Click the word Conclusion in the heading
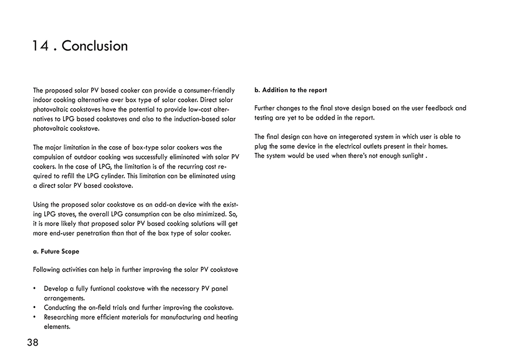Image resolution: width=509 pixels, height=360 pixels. tap(95, 46)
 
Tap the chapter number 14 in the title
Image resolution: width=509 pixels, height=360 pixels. tap(40, 46)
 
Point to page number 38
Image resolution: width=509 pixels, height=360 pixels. tap(33, 343)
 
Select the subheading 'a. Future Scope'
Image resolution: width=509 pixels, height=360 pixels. tap(56, 252)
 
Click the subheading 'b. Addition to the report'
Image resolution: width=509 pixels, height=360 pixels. tap(291, 90)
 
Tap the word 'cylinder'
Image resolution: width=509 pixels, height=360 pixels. tap(134, 176)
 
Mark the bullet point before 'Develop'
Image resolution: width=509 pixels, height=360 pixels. tap(34, 289)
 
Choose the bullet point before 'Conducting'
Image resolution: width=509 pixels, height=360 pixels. tap(34, 308)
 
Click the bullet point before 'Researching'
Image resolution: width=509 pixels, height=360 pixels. tap(34, 317)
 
